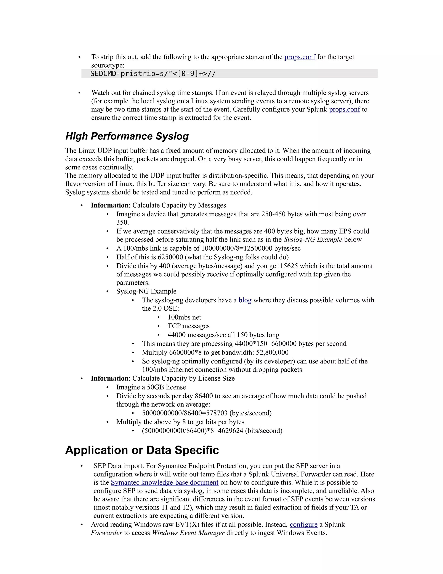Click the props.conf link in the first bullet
pyautogui.click(x=300, y=57)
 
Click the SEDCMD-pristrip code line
pyautogui.click(x=153, y=74)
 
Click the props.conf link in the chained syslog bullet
pyautogui.click(x=344, y=109)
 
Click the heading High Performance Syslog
pyautogui.click(x=127, y=136)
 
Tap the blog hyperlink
pyautogui.click(x=245, y=300)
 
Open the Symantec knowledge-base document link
pyautogui.click(x=165, y=483)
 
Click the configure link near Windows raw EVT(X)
pyautogui.click(x=303, y=525)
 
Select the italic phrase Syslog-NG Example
pyautogui.click(x=313, y=239)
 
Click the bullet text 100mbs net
pyautogui.click(x=184, y=317)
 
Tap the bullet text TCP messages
pyautogui.click(x=188, y=326)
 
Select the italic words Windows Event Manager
pyautogui.click(x=188, y=533)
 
